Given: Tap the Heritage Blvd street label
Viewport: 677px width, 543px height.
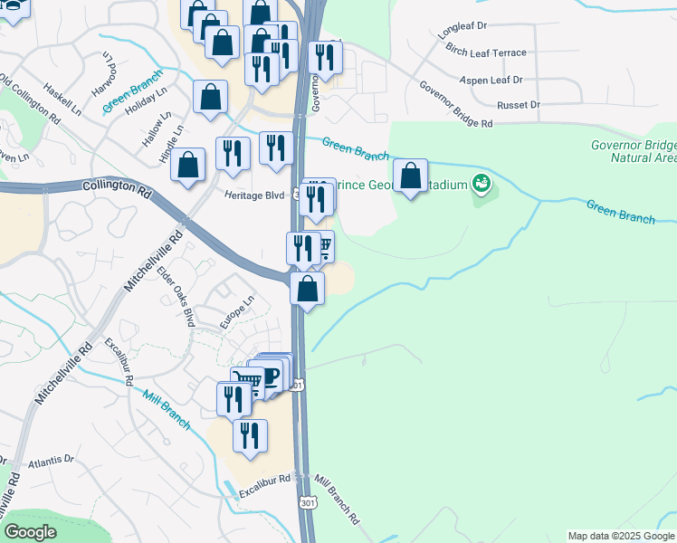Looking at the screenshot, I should coord(255,195).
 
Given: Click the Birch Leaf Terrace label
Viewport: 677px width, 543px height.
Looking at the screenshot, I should coord(487,53).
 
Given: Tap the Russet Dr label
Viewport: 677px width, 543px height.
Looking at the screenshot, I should coord(518,105).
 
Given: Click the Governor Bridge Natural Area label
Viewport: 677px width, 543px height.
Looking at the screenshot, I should coord(633,150).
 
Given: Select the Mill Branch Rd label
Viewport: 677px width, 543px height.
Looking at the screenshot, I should coord(337,500).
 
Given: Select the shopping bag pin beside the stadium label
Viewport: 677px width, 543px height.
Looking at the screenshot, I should coord(411,176).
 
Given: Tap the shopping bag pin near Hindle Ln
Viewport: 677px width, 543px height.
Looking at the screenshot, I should coord(187,165).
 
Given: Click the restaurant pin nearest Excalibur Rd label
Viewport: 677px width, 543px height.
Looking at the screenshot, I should coord(251,436).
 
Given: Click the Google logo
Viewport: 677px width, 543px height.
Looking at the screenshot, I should coord(30,532).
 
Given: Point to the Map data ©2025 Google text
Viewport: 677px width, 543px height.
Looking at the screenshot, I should coord(621,536).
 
